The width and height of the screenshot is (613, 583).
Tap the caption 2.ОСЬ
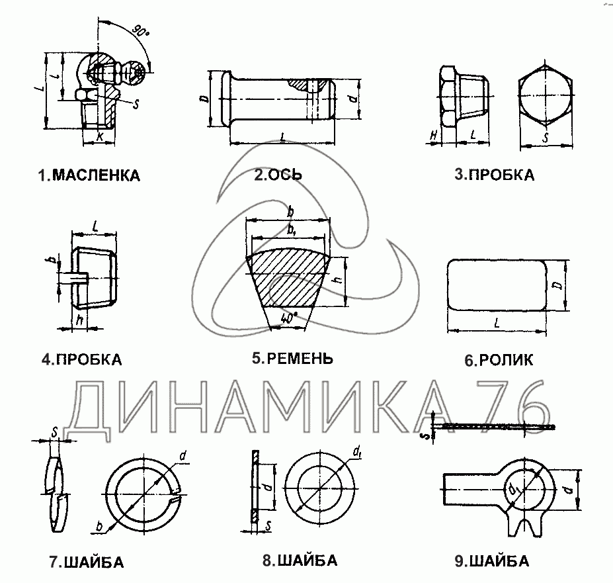tap(278, 175)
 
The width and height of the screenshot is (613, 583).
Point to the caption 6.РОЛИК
tap(499, 361)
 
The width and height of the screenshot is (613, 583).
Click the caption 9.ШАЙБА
tap(491, 562)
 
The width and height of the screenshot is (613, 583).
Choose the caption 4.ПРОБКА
tap(82, 360)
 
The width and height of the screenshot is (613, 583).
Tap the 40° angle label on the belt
tap(287, 318)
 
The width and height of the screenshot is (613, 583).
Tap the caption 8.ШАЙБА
tap(300, 561)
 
